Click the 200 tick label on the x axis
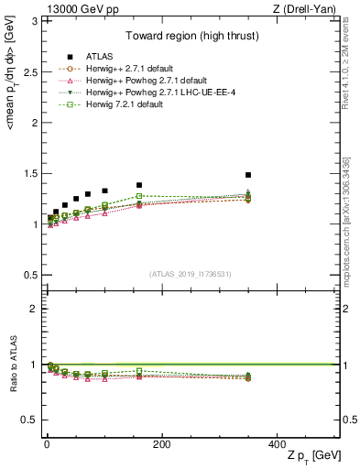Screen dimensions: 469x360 [160, 443]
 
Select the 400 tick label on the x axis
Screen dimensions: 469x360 [276, 443]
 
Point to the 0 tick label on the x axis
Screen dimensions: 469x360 [46, 443]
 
